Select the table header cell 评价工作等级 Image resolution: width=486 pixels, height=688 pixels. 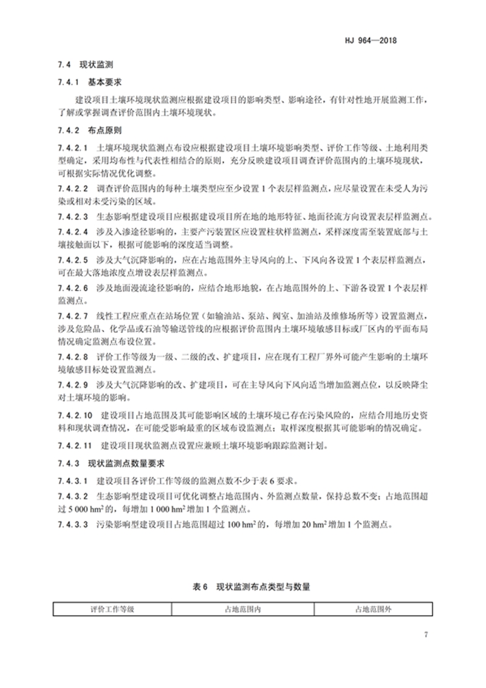(112, 608)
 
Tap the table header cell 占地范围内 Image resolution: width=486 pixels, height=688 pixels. (242, 608)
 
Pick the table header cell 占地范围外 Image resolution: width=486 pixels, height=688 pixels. (374, 608)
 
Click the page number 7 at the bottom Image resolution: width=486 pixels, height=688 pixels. (426, 636)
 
